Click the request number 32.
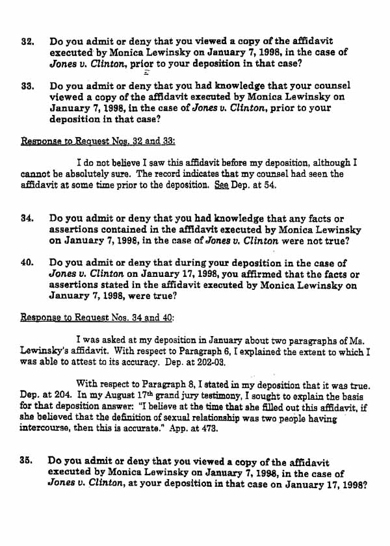27,42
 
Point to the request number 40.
27,263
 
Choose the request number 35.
27,462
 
